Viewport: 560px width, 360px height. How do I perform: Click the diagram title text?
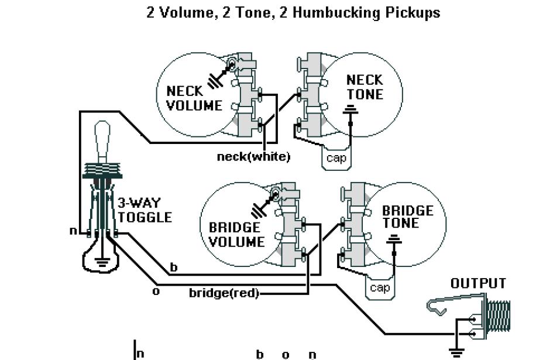point(293,13)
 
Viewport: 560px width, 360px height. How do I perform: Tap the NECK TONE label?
point(364,87)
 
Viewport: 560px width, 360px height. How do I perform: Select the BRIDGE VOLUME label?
point(236,234)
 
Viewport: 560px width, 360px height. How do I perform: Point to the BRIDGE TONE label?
point(407,217)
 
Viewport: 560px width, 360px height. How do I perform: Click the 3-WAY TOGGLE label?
point(145,210)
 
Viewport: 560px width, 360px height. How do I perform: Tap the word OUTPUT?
point(477,283)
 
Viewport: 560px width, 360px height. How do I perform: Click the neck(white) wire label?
point(253,157)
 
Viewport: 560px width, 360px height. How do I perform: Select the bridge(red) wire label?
point(224,293)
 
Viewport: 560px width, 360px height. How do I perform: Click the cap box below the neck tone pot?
point(336,158)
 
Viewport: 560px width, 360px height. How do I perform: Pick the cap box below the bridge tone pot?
point(380,287)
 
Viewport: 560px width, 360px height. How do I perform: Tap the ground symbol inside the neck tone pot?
point(351,109)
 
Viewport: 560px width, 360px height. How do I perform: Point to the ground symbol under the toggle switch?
point(103,263)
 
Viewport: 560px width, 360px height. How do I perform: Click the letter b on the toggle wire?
point(173,268)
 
